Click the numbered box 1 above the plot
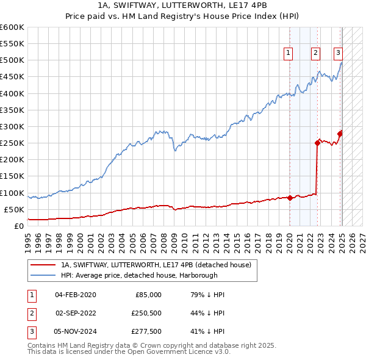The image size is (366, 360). coord(288,53)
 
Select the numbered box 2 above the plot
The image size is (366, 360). coord(315,53)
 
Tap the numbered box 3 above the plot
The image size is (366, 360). coord(338,53)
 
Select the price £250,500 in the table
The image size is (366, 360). coord(146,313)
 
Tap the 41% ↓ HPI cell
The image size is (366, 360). coord(208,331)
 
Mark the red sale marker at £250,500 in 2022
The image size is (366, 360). coord(317,143)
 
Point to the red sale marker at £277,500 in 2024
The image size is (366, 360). coord(340,134)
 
